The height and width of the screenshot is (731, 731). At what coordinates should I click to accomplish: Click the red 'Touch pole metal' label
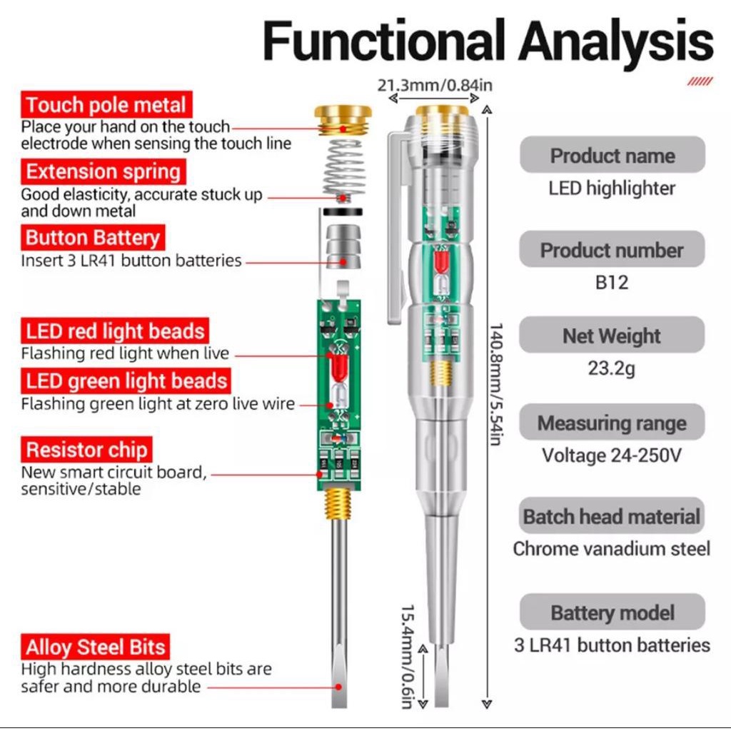pyautogui.click(x=106, y=106)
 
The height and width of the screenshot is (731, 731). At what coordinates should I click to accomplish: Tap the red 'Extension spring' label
pyautogui.click(x=104, y=172)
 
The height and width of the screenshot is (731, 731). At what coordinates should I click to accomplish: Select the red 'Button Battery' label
pyautogui.click(x=94, y=238)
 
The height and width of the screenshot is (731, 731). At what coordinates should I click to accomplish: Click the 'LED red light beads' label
pyautogui.click(x=115, y=331)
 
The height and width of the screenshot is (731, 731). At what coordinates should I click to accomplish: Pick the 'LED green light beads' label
pyautogui.click(x=126, y=381)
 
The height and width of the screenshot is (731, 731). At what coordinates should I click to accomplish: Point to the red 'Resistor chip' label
pyautogui.click(x=86, y=450)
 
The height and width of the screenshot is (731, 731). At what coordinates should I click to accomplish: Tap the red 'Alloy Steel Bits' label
pyautogui.click(x=96, y=647)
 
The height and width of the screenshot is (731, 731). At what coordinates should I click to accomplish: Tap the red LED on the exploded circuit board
pyautogui.click(x=340, y=368)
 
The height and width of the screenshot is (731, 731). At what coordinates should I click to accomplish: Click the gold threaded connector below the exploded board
pyautogui.click(x=339, y=503)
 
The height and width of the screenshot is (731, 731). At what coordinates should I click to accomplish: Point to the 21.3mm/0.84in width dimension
pyautogui.click(x=435, y=86)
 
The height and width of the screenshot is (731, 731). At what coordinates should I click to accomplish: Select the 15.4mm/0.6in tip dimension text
pyautogui.click(x=408, y=657)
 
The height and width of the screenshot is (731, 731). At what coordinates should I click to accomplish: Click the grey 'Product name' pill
pyautogui.click(x=612, y=156)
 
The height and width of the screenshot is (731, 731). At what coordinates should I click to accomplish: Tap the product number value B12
pyautogui.click(x=612, y=283)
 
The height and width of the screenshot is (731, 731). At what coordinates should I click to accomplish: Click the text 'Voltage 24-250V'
pyautogui.click(x=612, y=455)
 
